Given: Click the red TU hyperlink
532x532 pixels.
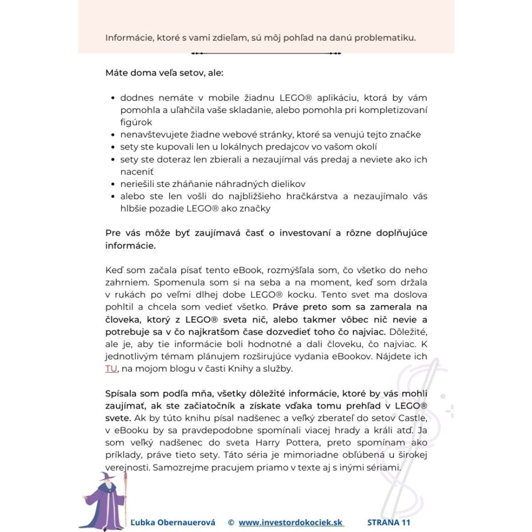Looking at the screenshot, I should (111, 368).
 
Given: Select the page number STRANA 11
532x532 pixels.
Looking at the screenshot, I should (389, 522).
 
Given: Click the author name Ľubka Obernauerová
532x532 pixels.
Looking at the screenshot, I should (173, 522).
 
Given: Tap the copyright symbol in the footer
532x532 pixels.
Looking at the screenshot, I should (231, 522).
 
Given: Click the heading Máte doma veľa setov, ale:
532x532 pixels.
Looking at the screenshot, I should (164, 73).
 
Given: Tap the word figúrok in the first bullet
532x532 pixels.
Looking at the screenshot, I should (136, 122).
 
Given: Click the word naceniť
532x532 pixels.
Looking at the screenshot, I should (137, 172).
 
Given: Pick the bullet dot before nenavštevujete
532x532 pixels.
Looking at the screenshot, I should (113, 135).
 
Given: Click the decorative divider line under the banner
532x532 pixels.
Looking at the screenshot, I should (266, 53).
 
